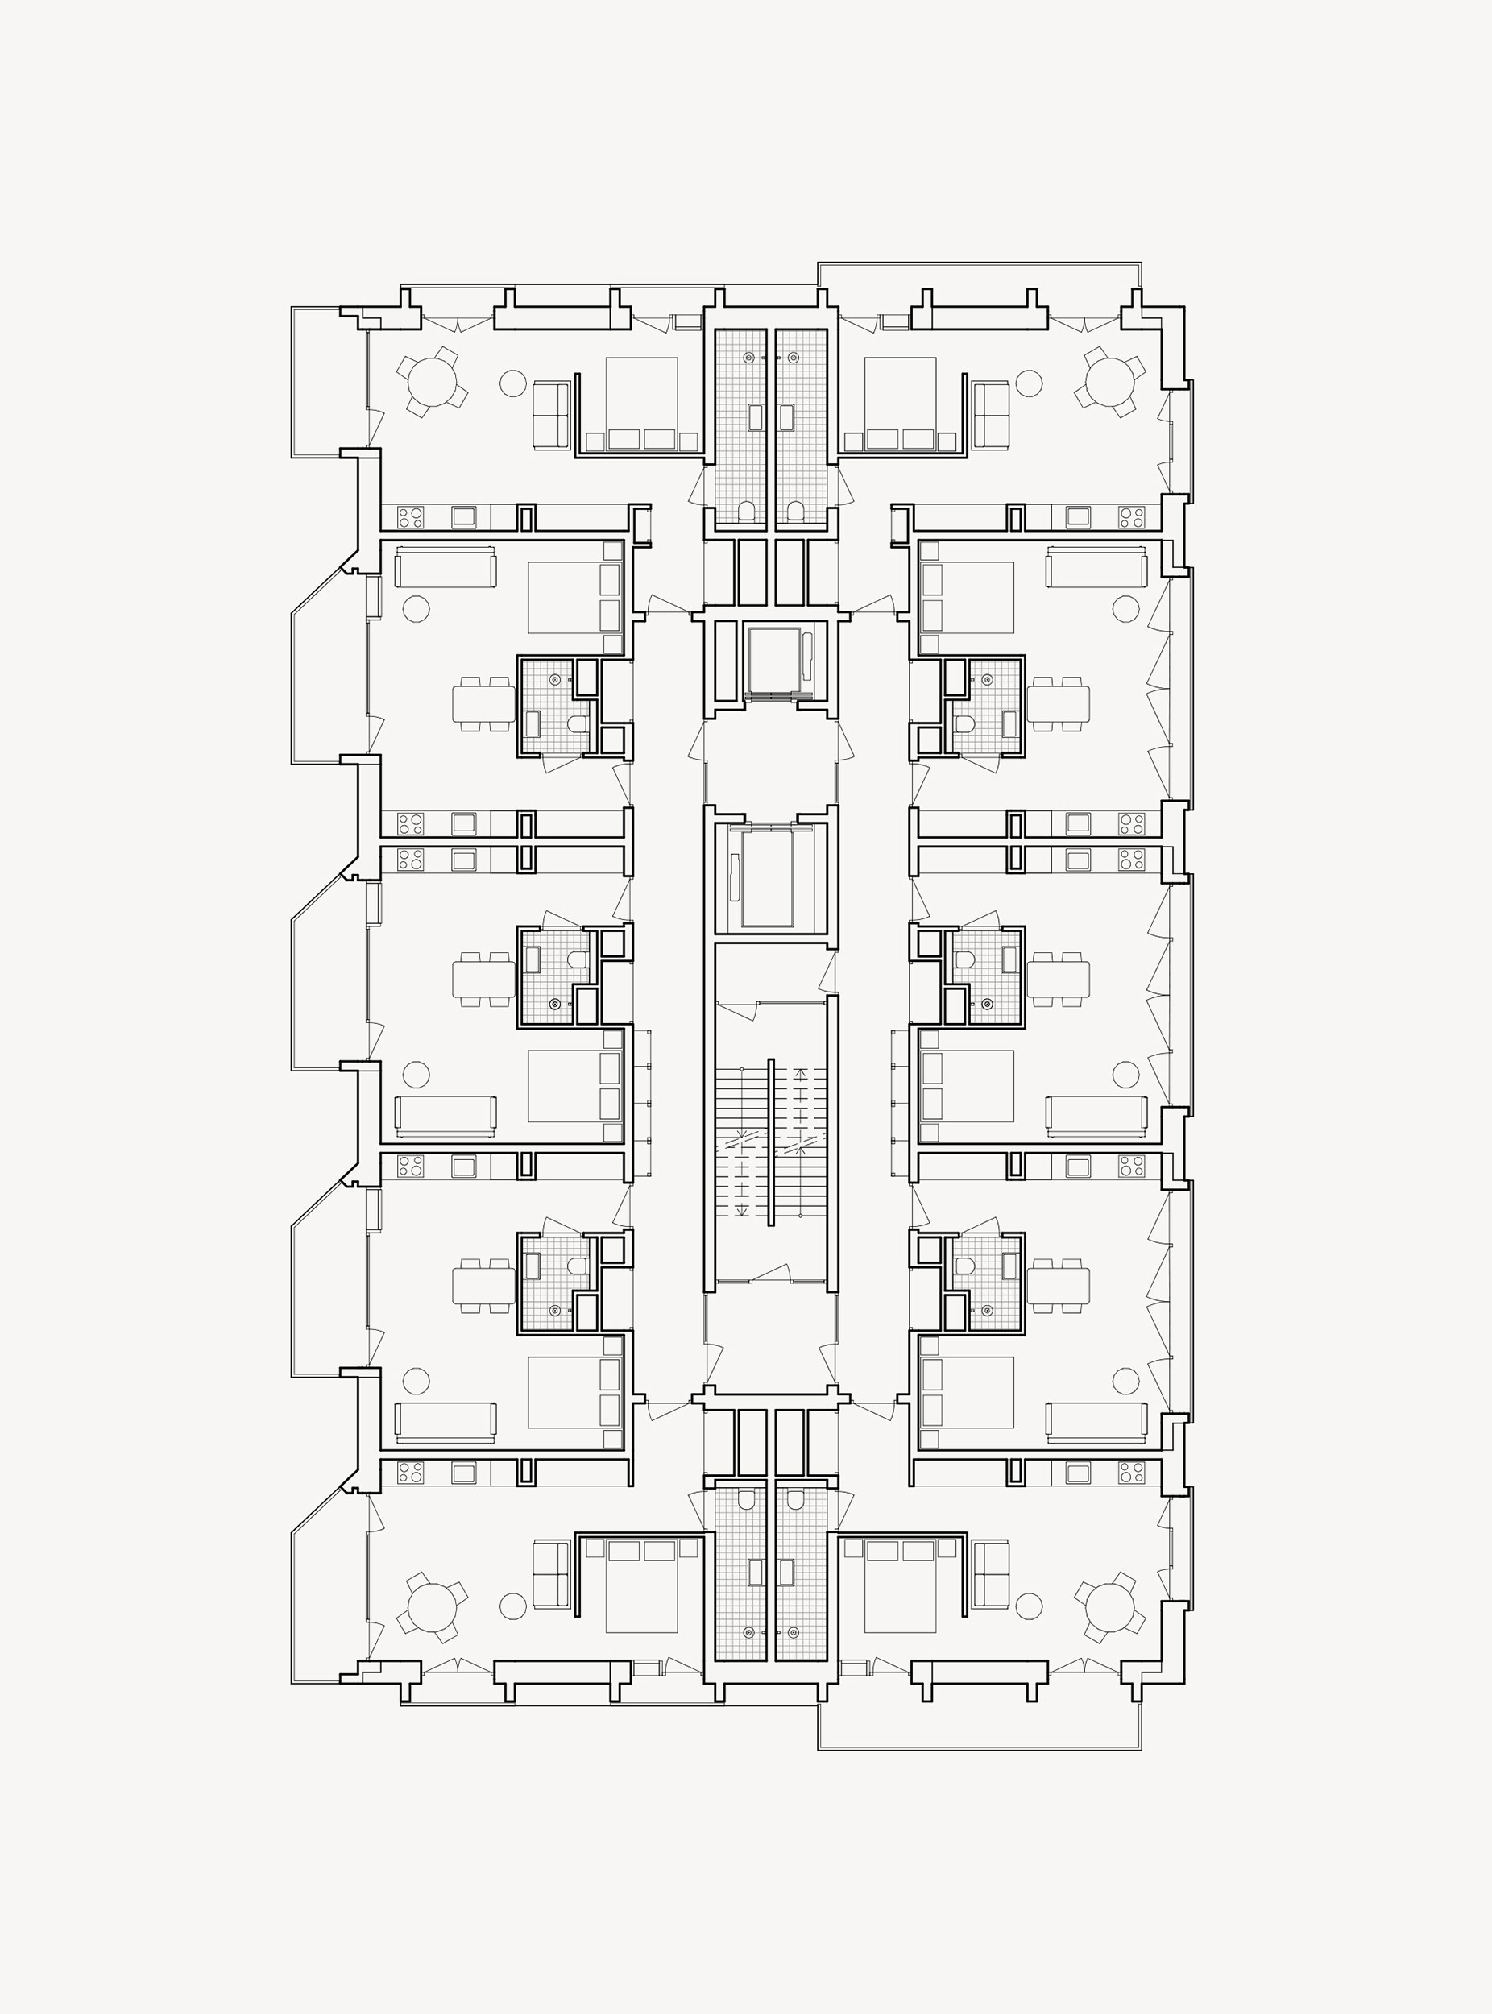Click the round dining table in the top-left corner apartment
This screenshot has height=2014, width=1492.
(x=433, y=381)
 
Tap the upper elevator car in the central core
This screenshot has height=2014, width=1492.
(x=774, y=661)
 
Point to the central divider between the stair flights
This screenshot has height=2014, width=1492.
(x=770, y=1142)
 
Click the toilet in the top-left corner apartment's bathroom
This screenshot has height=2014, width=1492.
(x=747, y=512)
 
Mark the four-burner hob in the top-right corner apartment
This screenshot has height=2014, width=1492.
(x=1131, y=517)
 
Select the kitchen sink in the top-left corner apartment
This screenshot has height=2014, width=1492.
(x=464, y=516)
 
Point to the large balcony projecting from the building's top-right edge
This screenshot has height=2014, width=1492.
(x=979, y=275)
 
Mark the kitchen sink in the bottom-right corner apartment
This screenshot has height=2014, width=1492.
(x=1077, y=1473)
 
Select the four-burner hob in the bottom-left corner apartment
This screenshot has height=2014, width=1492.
(x=410, y=1472)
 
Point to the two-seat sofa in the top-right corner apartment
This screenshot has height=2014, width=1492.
(x=991, y=413)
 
